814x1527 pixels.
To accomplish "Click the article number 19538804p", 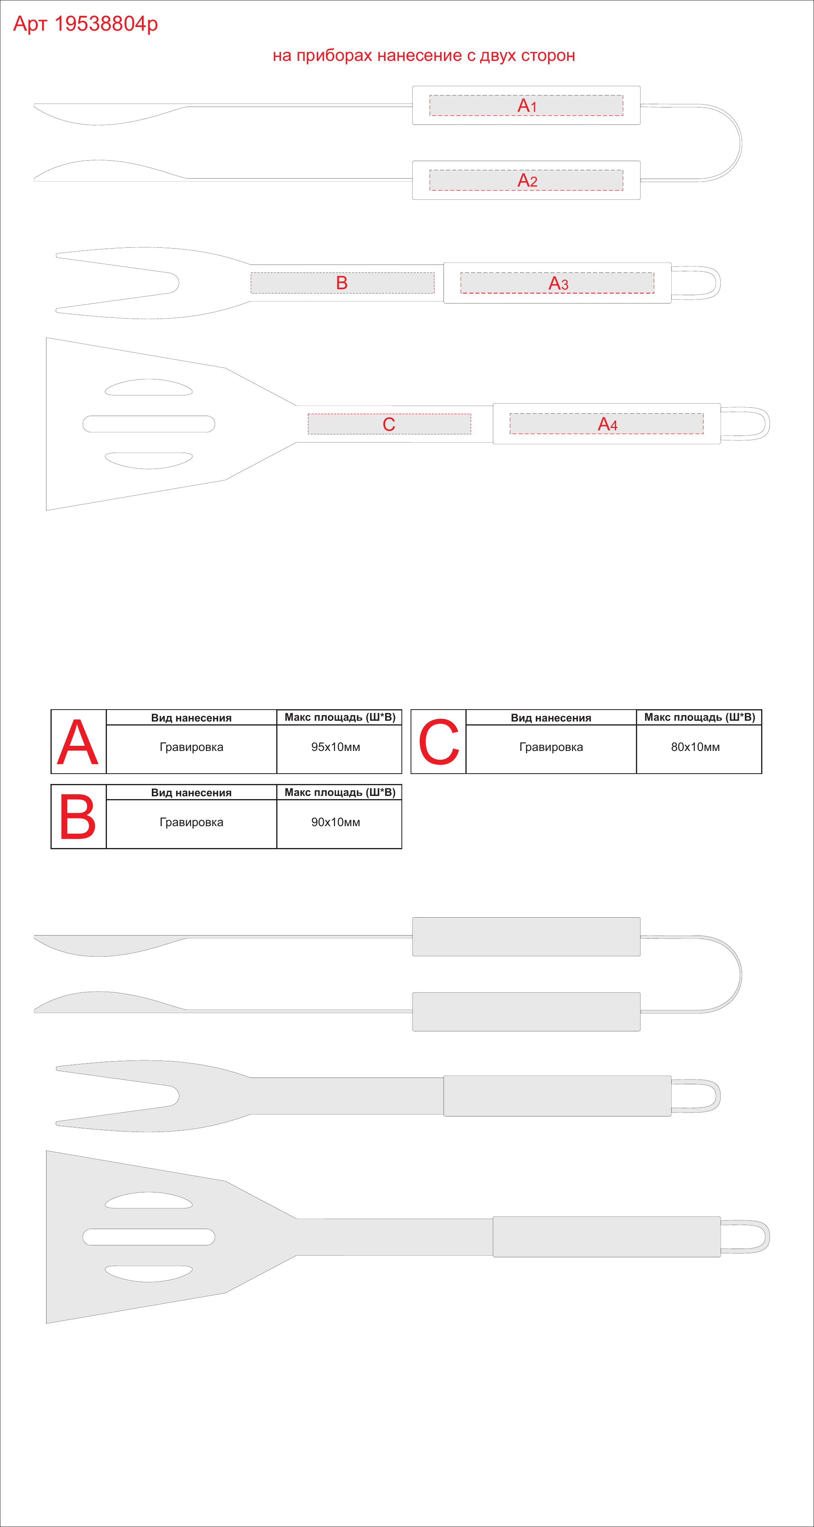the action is [105, 24].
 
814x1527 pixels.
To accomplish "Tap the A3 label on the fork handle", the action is [558, 283].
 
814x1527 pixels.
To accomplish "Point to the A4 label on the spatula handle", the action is [607, 424].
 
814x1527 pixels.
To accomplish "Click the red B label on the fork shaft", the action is [342, 283].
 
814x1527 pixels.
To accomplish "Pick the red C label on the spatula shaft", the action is [389, 424].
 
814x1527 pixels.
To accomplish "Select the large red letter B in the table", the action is [78, 817].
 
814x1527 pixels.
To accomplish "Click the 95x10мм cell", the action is [336, 747].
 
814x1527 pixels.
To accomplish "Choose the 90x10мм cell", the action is [336, 822].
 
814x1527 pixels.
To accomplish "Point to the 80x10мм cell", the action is [696, 747].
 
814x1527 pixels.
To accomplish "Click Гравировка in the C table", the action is [551, 747].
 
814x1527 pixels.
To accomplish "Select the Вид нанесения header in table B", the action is [191, 793].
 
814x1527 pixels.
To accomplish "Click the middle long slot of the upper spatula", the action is [149, 424].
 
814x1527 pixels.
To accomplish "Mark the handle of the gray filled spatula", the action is [607, 1237].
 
